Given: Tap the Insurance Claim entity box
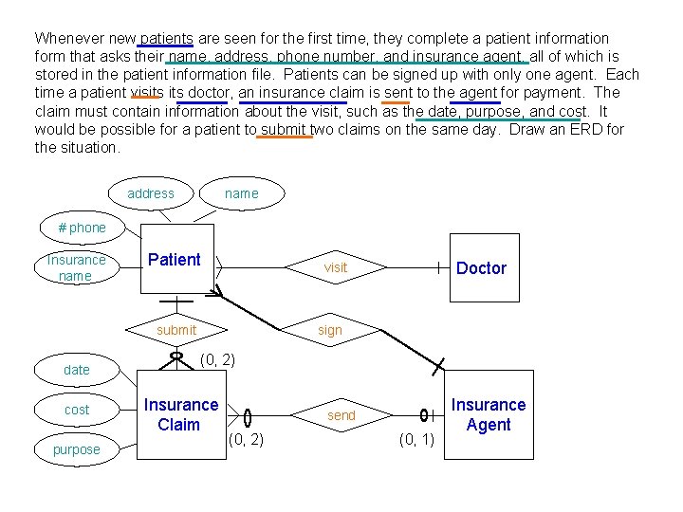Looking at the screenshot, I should [x=180, y=415].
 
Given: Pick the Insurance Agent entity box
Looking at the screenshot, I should [x=488, y=415].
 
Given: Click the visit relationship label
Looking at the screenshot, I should [x=336, y=267].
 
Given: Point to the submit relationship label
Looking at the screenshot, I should [x=176, y=330].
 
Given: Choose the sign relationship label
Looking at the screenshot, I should [x=330, y=330].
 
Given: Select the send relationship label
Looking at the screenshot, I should [x=341, y=415].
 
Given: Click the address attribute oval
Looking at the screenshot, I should [x=151, y=193].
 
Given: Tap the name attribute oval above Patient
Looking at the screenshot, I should [x=241, y=193].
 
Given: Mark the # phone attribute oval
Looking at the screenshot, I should [x=83, y=228].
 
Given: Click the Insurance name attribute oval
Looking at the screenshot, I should [x=76, y=267].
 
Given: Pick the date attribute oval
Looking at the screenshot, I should [x=77, y=370].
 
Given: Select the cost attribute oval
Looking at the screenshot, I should [x=77, y=410].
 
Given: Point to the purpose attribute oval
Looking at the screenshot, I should [x=77, y=449].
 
